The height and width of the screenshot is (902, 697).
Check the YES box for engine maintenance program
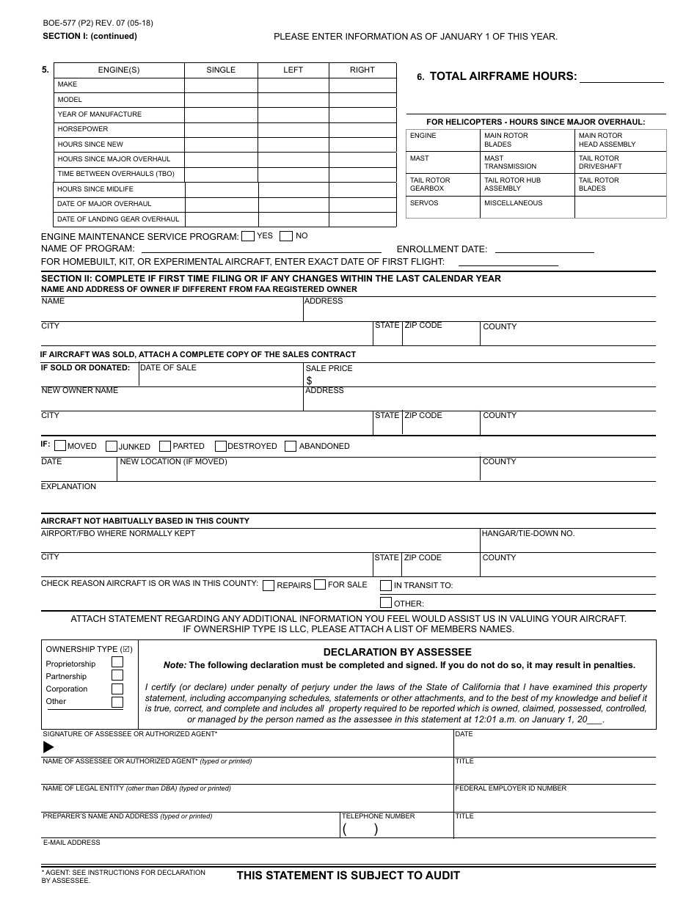[x=248, y=236]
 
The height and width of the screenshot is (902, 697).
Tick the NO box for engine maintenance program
[x=286, y=236]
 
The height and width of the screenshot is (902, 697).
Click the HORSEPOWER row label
[x=83, y=129]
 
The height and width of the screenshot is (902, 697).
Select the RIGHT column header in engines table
[x=362, y=70]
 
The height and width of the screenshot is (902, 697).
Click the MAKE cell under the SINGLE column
[x=221, y=85]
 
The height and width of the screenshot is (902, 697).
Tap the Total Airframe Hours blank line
[x=621, y=76]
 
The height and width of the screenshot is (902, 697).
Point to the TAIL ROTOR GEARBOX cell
[x=430, y=184]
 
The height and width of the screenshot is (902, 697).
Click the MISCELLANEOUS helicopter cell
[x=513, y=203]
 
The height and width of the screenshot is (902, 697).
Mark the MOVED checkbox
[x=60, y=446]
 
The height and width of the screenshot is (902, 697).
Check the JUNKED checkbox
[x=112, y=446]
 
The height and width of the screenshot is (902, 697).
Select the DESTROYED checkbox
[x=220, y=446]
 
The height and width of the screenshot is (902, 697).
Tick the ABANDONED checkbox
[x=291, y=446]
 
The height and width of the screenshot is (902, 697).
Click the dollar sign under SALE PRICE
[x=309, y=381]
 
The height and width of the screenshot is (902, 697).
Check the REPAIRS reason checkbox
[x=269, y=585]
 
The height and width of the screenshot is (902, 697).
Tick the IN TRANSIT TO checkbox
[x=385, y=585]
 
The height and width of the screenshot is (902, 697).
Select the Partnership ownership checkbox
[x=117, y=675]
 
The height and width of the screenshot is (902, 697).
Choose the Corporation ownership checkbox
[x=117, y=689]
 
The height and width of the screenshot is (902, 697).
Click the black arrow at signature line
[x=48, y=747]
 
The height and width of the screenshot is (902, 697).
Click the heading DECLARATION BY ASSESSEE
[x=397, y=652]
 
